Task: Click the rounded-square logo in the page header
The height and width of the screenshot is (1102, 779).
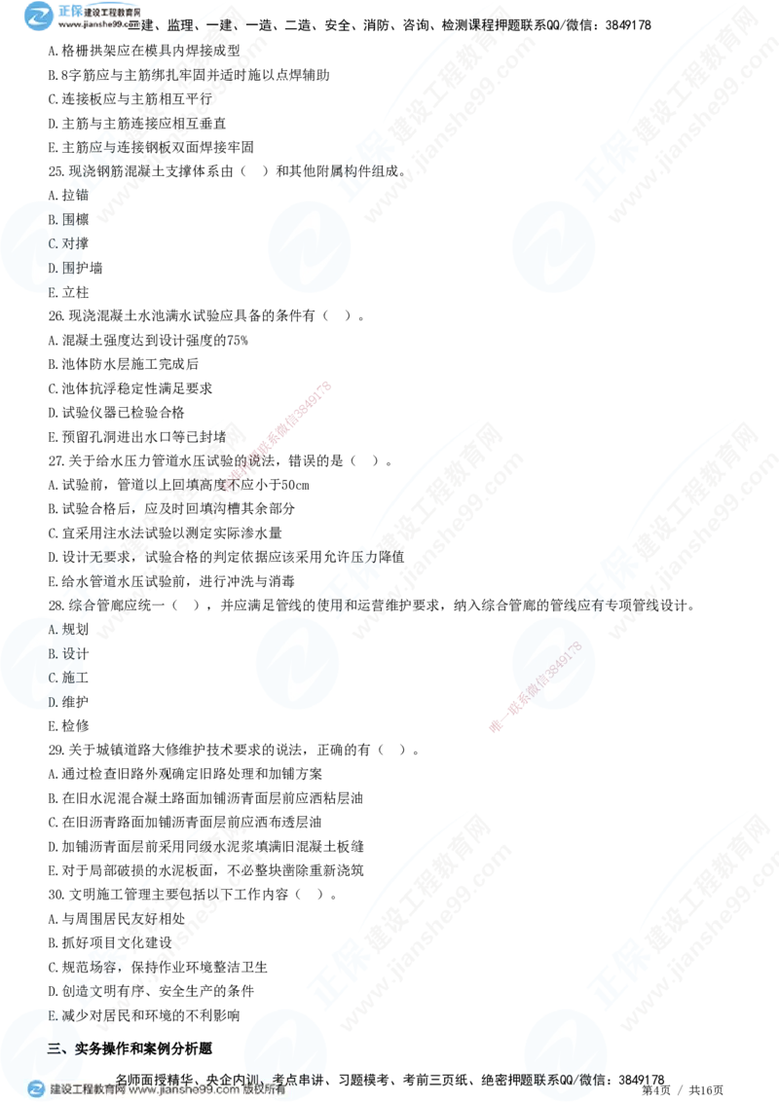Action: coord(38,16)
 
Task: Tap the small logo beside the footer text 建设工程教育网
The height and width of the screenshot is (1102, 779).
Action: coord(36,1089)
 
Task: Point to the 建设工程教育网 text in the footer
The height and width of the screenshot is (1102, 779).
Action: coord(86,1090)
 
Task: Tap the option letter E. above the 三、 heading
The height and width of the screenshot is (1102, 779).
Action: coord(53,1015)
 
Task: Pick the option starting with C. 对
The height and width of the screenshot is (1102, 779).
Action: coord(64,244)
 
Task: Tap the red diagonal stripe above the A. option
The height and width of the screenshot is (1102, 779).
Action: coord(278,438)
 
